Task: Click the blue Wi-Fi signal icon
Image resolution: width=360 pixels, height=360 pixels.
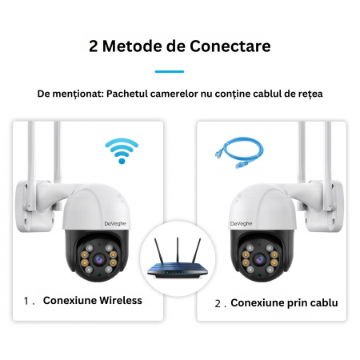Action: tap(122, 150)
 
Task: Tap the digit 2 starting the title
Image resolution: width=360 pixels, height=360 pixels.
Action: tap(94, 46)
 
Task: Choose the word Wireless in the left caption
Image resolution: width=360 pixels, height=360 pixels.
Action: tap(118, 301)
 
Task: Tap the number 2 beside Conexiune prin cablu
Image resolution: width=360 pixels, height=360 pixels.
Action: tap(217, 304)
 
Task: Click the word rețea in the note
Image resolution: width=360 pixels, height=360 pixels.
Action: tap(307, 94)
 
